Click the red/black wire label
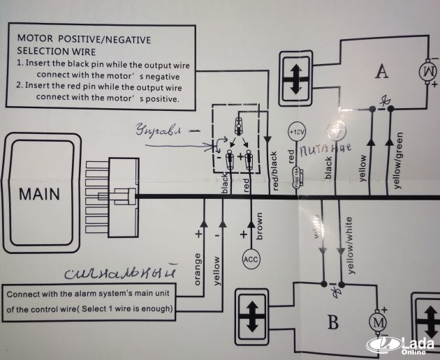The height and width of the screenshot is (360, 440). [275, 170]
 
